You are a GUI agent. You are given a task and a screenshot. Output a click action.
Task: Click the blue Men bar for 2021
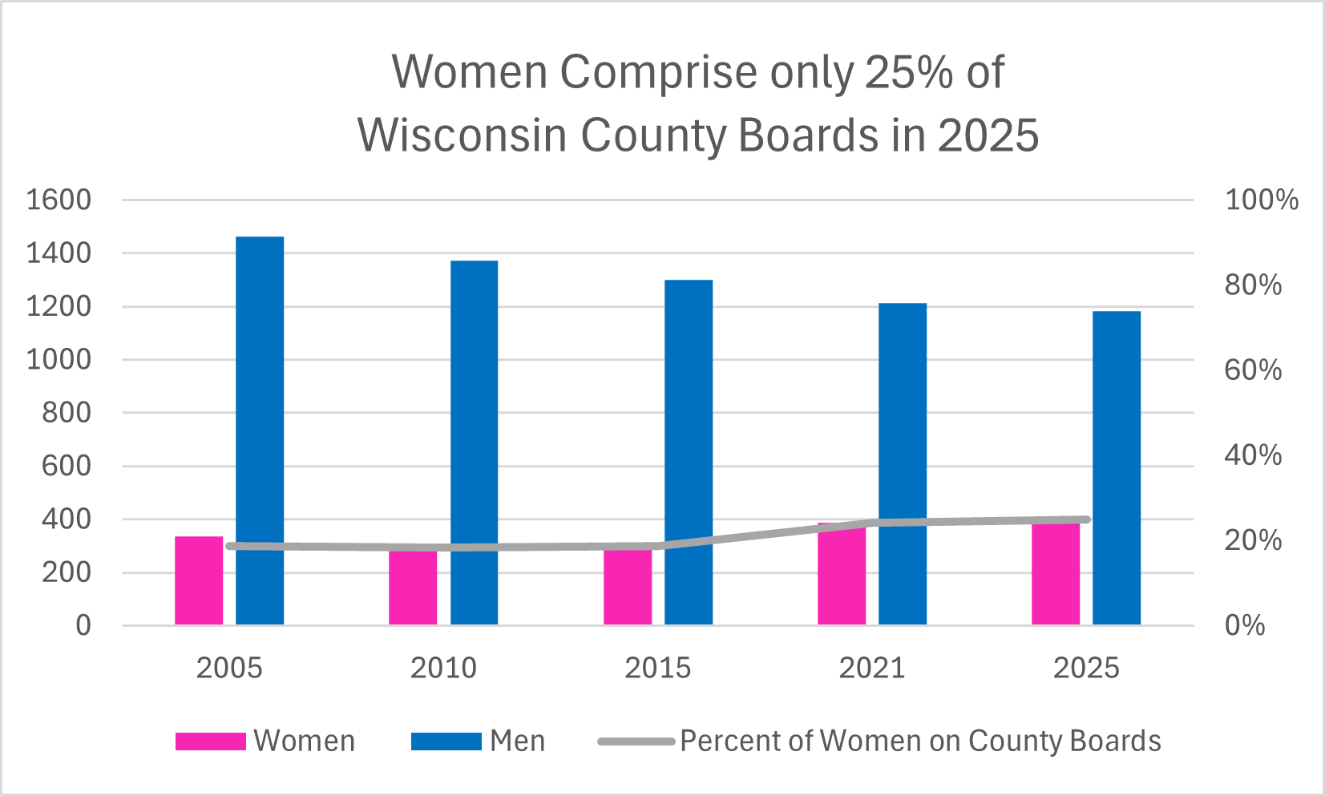(903, 464)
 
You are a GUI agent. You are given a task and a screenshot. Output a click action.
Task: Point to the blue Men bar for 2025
(1117, 468)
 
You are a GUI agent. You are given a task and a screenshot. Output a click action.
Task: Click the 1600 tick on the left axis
(59, 200)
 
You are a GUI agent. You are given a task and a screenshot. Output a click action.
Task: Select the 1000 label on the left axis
(59, 359)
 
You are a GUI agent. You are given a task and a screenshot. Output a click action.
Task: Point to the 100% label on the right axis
(1261, 200)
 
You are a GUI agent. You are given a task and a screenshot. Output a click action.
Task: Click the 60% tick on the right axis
(1253, 370)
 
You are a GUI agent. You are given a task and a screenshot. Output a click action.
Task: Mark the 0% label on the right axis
(1245, 625)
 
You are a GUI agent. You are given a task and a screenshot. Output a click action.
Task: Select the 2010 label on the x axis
(443, 668)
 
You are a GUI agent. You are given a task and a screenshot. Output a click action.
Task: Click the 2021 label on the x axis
(871, 668)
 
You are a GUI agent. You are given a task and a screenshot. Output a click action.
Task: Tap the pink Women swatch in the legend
(210, 741)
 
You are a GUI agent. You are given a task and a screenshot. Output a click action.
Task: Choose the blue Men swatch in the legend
(446, 741)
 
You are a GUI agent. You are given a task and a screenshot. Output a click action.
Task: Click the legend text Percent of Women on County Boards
(920, 741)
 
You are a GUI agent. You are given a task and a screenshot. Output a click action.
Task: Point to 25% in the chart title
(909, 72)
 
